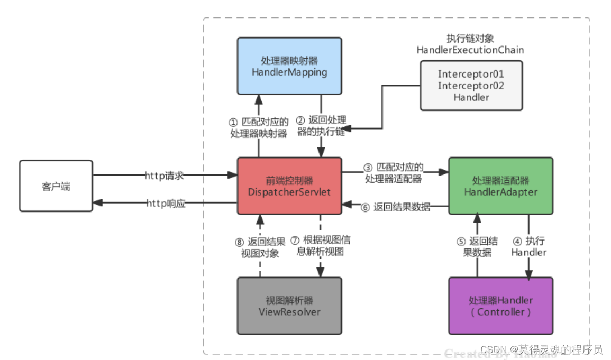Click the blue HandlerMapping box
tap(289, 66)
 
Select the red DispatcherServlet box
tap(289, 186)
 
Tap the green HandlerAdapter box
tap(500, 186)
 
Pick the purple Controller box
tap(500, 306)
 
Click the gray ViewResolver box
tap(289, 306)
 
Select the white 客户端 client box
tap(56, 186)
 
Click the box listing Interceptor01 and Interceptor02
tap(471, 85)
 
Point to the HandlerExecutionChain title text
tap(470, 50)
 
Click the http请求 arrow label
tap(165, 176)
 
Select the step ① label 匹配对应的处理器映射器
tap(259, 128)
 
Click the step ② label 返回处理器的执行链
tap(321, 126)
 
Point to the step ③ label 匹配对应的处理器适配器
tap(394, 173)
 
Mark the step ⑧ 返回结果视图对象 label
tap(259, 247)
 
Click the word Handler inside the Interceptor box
tap(471, 97)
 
